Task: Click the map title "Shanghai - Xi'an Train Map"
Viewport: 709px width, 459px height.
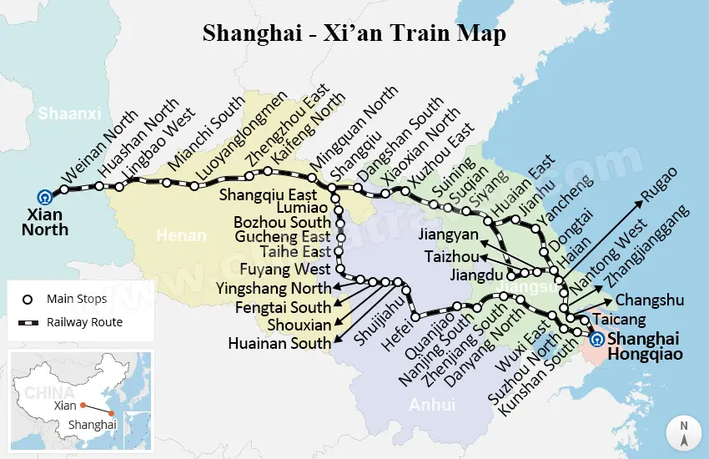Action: (x=354, y=34)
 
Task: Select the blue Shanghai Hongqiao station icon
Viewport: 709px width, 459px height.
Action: (x=596, y=340)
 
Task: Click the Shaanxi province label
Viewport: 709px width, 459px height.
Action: (x=69, y=113)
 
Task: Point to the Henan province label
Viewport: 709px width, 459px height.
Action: (x=181, y=236)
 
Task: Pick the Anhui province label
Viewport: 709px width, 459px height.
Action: (x=432, y=405)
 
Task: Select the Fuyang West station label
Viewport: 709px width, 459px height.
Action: (x=285, y=269)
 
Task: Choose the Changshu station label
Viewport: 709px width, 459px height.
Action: (x=649, y=300)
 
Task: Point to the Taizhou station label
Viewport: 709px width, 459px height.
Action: (x=451, y=255)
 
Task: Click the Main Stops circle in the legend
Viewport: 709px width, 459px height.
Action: (x=28, y=300)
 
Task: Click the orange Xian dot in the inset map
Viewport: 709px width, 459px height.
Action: (x=83, y=406)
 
